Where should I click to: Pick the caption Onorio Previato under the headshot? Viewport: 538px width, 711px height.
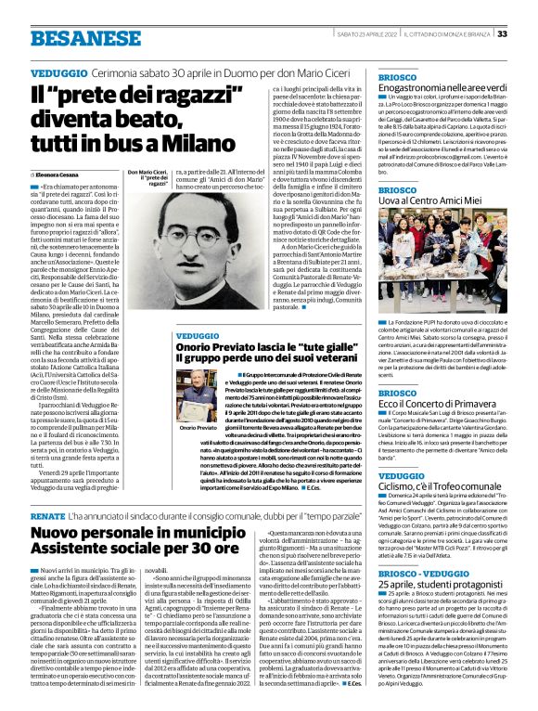[198, 428]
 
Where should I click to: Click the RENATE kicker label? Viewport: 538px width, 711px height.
[48, 513]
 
